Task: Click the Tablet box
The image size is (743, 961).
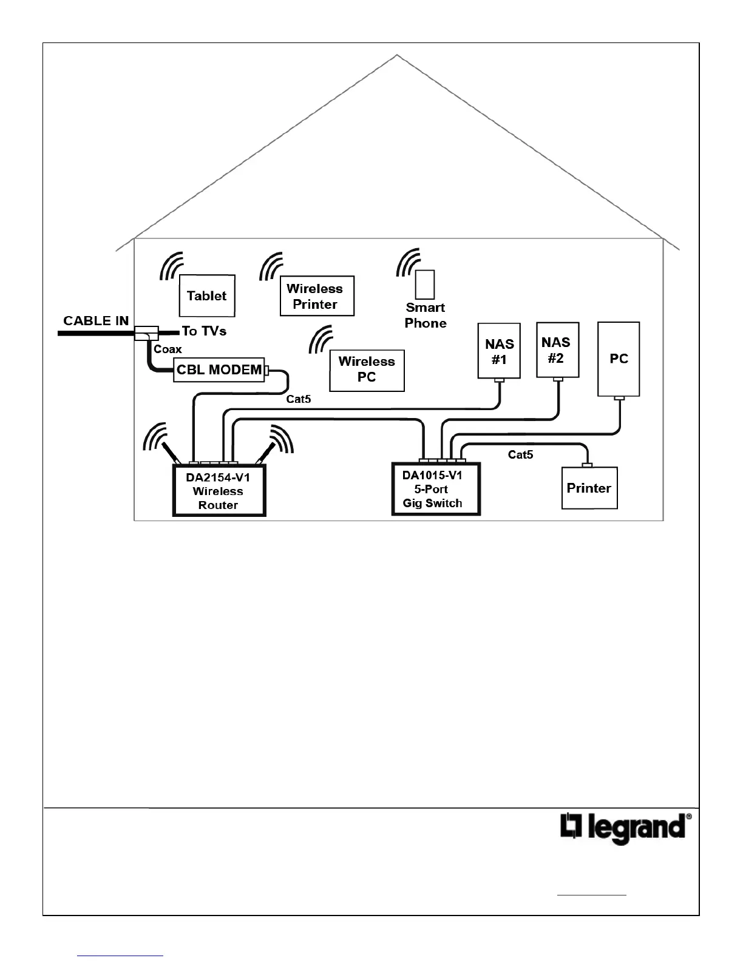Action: (x=207, y=295)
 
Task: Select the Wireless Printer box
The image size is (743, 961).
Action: (x=316, y=296)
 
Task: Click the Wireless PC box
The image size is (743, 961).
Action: (x=367, y=369)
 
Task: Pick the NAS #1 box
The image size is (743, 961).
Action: (x=499, y=351)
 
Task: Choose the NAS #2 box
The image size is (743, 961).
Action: (x=557, y=350)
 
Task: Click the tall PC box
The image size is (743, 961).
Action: (x=619, y=359)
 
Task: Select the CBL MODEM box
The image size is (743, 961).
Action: (x=219, y=369)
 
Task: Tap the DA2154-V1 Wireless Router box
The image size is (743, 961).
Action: (x=219, y=491)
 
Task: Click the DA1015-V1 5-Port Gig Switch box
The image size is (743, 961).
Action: (x=435, y=489)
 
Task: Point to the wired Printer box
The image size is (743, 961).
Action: (x=589, y=488)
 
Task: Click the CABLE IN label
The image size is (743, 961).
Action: (x=96, y=321)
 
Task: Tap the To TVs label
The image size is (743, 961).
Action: (x=204, y=331)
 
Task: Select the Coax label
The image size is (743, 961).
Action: (x=168, y=349)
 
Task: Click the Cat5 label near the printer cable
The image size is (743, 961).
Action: (x=520, y=454)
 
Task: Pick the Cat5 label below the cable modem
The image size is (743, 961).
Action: (x=299, y=399)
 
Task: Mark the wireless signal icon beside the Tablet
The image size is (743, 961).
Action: (x=171, y=267)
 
